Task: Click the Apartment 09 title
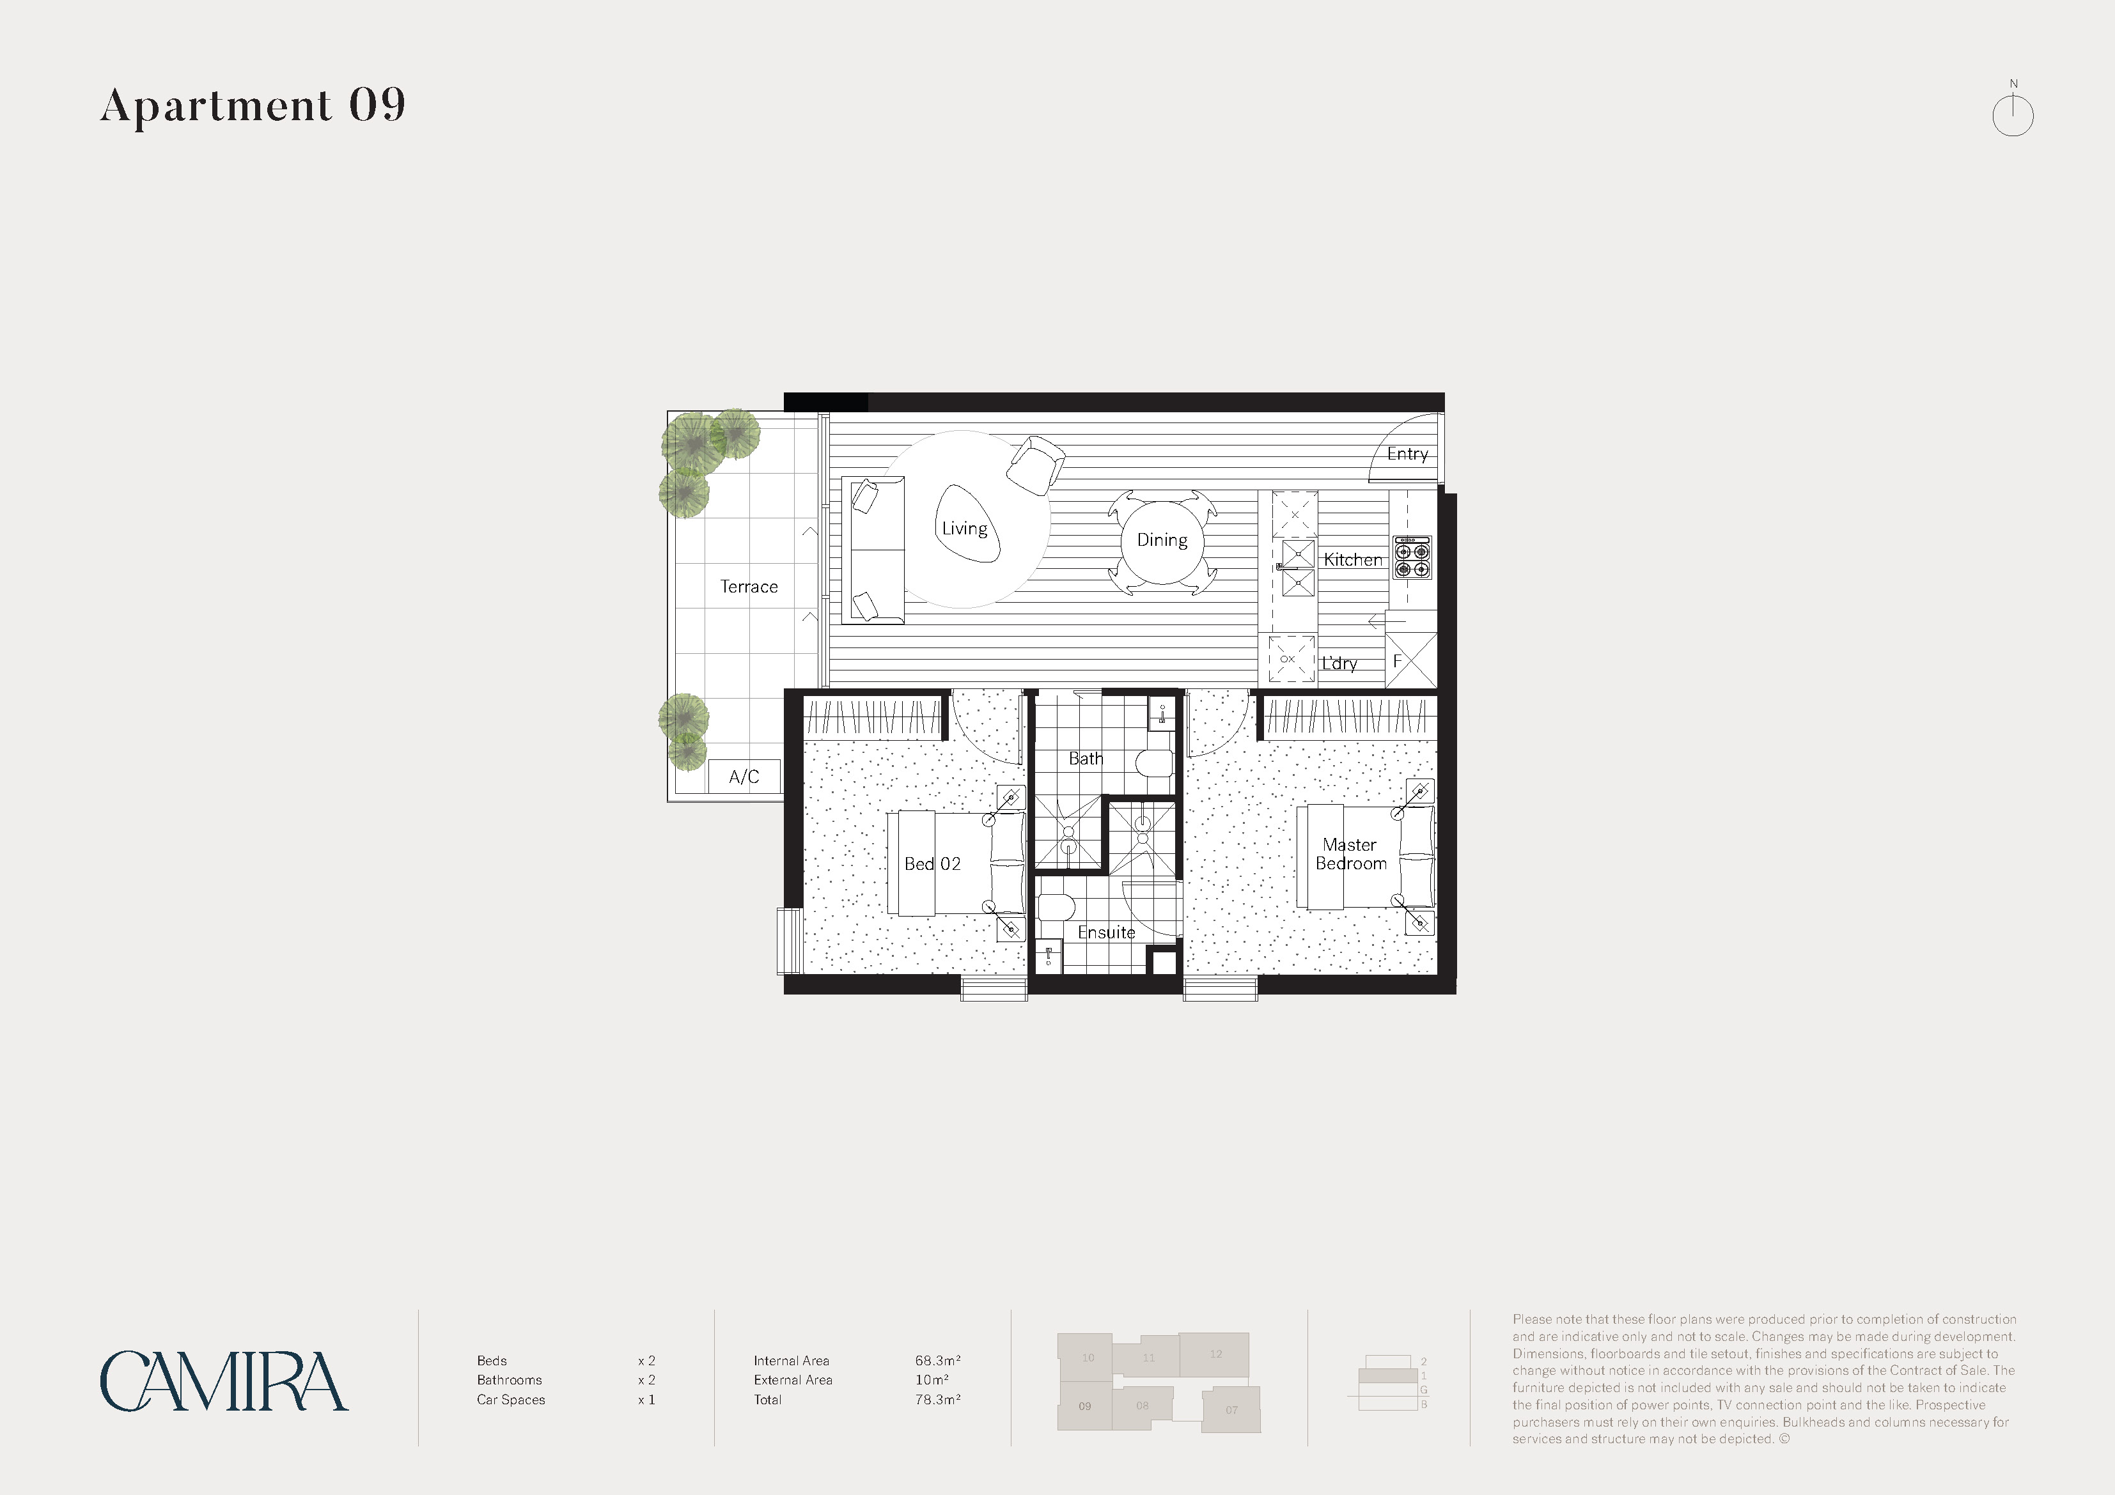click(253, 105)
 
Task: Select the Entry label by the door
click(1407, 453)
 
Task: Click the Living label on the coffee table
click(964, 529)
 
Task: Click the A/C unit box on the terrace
click(744, 777)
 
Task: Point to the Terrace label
click(749, 587)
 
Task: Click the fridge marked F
click(1410, 660)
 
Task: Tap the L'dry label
click(1339, 663)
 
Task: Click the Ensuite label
click(1106, 932)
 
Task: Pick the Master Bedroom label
click(1350, 854)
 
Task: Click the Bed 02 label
click(932, 864)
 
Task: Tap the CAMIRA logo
click(224, 1382)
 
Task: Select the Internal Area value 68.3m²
click(938, 1361)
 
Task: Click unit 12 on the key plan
click(1214, 1355)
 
